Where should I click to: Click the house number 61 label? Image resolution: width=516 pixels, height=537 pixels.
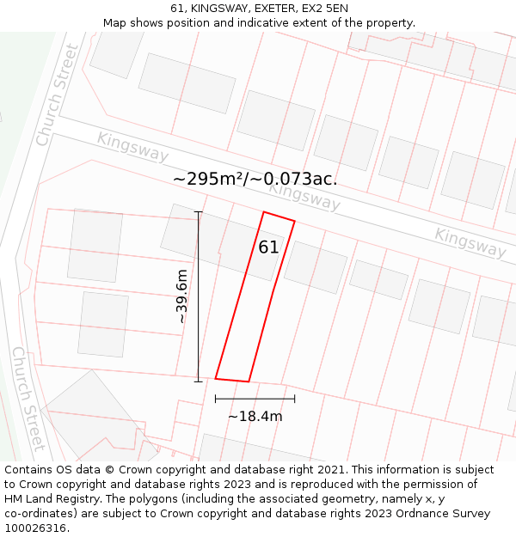[x=268, y=247]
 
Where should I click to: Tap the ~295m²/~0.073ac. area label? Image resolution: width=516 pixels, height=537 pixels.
[x=255, y=179]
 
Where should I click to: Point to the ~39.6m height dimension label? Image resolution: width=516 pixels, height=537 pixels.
[x=181, y=296]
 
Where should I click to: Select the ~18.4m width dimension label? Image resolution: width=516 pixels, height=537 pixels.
[x=255, y=417]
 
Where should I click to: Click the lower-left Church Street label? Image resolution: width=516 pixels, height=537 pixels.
[x=28, y=399]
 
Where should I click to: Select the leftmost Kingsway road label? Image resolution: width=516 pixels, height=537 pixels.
[x=132, y=146]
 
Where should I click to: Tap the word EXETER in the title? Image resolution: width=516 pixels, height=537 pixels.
[x=270, y=9]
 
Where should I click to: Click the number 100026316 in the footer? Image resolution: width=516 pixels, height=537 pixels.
[x=37, y=528]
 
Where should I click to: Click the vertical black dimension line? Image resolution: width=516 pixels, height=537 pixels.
[x=199, y=296]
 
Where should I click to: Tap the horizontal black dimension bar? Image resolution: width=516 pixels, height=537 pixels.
[x=255, y=399]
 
